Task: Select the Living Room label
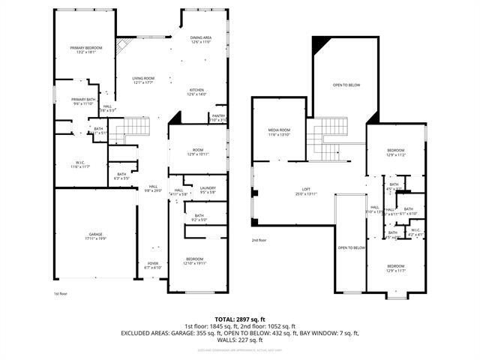click(142, 80)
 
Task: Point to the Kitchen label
click(196, 91)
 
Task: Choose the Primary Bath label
click(82, 101)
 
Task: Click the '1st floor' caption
click(61, 293)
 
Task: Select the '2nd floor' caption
click(259, 240)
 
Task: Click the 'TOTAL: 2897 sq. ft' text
click(240, 319)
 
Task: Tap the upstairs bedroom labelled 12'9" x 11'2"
click(395, 152)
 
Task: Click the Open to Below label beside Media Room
click(346, 85)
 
